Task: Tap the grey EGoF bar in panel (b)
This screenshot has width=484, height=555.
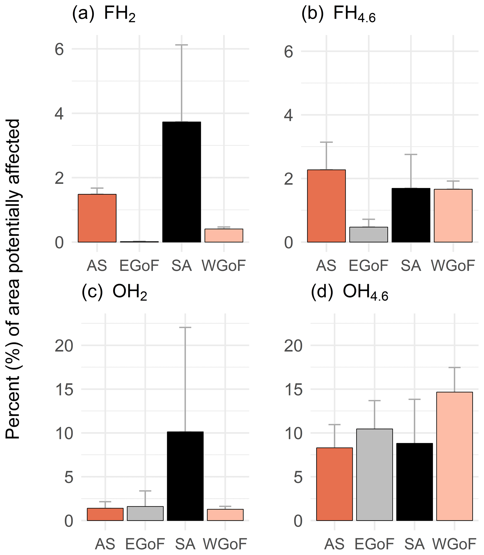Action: pos(368,234)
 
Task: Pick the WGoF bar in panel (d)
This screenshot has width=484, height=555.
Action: pos(454,456)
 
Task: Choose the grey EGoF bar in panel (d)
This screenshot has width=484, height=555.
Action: pos(374,474)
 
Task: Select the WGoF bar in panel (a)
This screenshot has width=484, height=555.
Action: pos(224,236)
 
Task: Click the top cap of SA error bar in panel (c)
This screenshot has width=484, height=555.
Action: pos(185,327)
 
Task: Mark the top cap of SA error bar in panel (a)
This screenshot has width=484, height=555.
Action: pos(181,45)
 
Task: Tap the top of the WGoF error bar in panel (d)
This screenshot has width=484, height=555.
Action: pos(454,368)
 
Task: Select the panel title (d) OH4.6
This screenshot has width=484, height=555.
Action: pos(350,293)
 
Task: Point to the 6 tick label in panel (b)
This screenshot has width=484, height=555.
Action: pos(288,52)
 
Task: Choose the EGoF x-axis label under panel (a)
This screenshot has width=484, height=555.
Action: pos(139,266)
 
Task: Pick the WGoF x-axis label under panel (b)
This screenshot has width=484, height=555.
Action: pos(453,266)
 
